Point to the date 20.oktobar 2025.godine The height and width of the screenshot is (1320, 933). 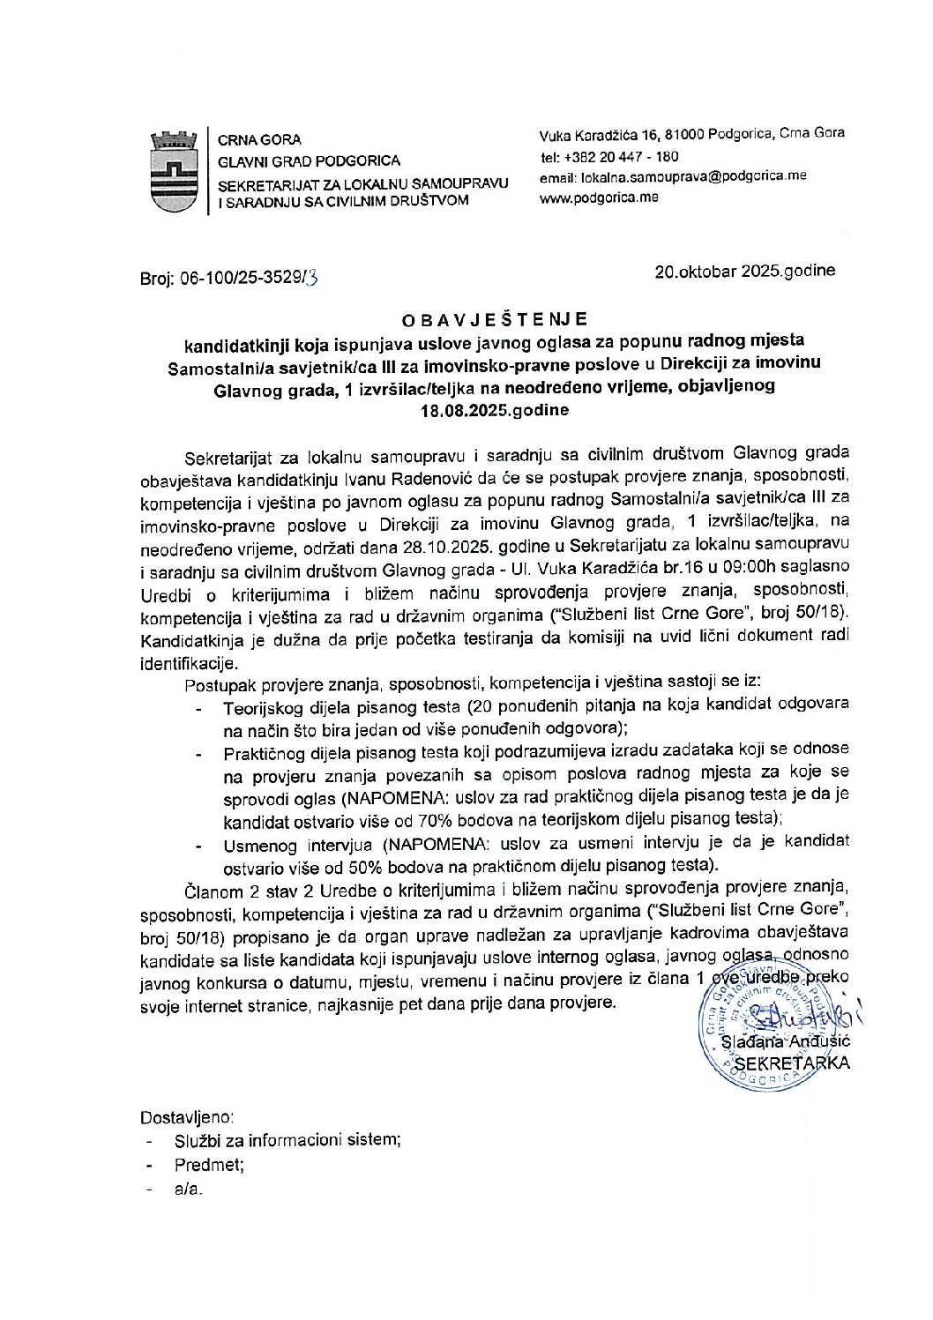tap(744, 271)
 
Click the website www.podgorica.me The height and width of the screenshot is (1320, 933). tap(599, 198)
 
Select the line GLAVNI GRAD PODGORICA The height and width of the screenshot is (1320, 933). tap(309, 160)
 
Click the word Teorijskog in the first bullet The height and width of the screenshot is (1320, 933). tap(262, 706)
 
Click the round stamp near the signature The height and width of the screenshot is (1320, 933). tap(767, 1025)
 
